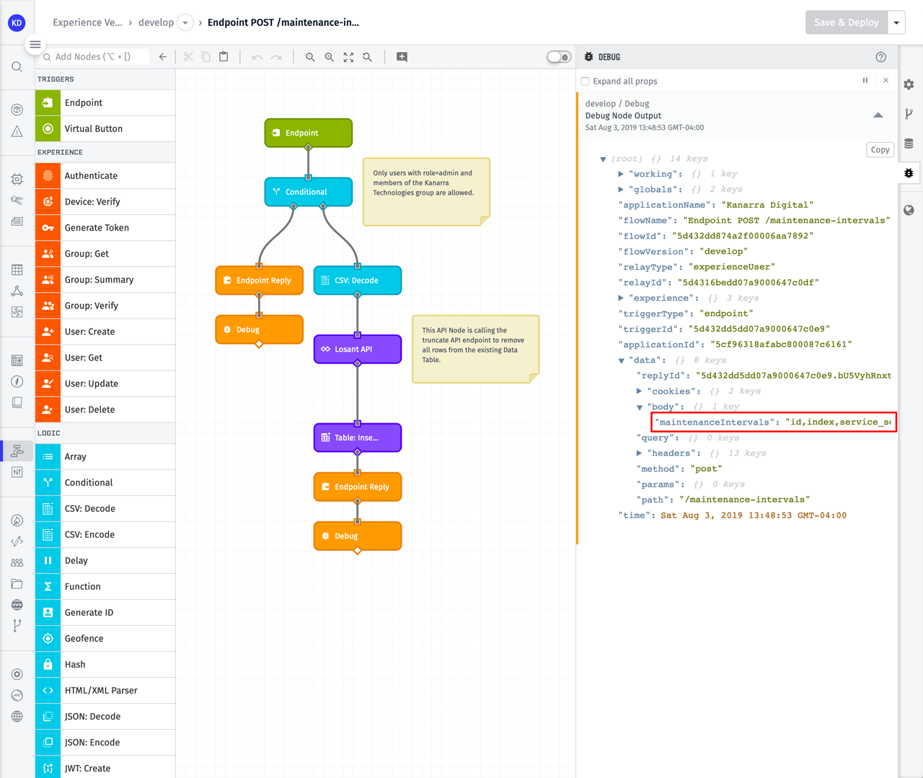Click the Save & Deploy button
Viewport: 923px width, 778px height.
pyautogui.click(x=846, y=22)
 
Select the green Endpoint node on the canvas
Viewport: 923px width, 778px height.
pyautogui.click(x=309, y=133)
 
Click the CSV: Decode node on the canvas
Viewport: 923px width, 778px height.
pyautogui.click(x=358, y=280)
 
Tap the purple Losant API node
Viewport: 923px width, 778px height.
pyautogui.click(x=358, y=349)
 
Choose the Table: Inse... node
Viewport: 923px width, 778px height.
pyautogui.click(x=358, y=438)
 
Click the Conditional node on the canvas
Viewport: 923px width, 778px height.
pyautogui.click(x=309, y=192)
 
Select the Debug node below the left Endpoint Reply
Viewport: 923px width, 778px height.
pyautogui.click(x=259, y=330)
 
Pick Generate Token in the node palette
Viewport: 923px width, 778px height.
pyautogui.click(x=97, y=228)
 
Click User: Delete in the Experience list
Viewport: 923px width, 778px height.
pyautogui.click(x=89, y=410)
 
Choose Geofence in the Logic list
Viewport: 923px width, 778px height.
pyautogui.click(x=84, y=639)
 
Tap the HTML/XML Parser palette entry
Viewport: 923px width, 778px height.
pyautogui.click(x=101, y=691)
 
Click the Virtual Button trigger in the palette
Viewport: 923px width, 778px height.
pyautogui.click(x=93, y=129)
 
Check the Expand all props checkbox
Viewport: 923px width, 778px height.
pyautogui.click(x=586, y=81)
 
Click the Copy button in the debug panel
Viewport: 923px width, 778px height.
pyautogui.click(x=880, y=150)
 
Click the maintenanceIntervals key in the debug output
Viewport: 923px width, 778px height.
pyautogui.click(x=714, y=423)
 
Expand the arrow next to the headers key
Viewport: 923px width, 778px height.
pyautogui.click(x=640, y=454)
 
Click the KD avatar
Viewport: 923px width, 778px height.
pyautogui.click(x=17, y=22)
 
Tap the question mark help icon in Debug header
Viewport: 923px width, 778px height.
pyautogui.click(x=880, y=57)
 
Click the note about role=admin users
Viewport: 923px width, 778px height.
pyautogui.click(x=425, y=191)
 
